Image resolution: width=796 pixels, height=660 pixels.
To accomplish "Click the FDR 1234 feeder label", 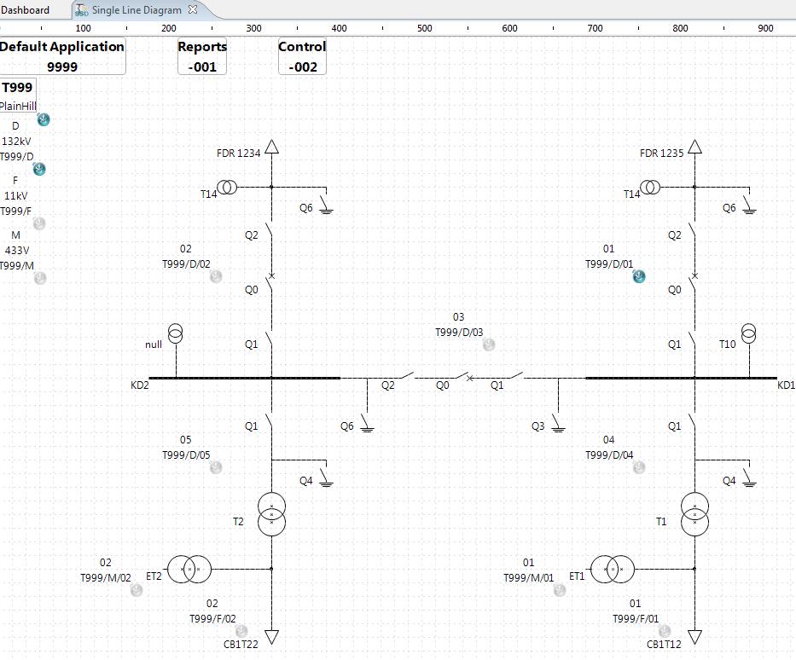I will (238, 153).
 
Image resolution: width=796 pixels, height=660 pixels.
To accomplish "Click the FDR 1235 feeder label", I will (661, 153).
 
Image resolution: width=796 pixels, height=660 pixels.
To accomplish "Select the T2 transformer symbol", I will (272, 513).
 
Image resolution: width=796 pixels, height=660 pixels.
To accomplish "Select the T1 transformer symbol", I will (695, 513).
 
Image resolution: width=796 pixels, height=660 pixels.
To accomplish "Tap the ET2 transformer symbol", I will (189, 569).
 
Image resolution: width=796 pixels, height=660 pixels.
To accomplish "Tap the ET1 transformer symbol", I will (613, 569).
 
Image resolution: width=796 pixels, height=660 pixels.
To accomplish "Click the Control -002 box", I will (302, 56).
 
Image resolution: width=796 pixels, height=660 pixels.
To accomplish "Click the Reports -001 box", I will (202, 56).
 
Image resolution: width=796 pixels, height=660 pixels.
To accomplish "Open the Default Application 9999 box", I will (61, 56).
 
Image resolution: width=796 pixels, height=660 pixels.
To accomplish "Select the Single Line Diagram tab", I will (137, 10).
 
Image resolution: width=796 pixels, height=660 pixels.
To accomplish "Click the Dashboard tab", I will (25, 10).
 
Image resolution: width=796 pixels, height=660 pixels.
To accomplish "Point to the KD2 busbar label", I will (140, 385).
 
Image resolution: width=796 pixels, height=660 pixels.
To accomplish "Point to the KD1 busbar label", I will (786, 385).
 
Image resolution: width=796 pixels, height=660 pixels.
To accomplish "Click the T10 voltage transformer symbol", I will (748, 333).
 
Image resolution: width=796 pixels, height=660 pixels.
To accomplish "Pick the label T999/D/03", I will (459, 333).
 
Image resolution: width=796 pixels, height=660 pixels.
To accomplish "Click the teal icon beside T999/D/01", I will (639, 276).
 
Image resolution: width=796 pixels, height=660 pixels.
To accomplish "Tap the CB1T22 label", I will (241, 645).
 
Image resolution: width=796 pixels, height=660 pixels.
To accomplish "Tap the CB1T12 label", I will (664, 645).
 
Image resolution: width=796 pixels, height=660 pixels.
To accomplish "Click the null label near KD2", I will (154, 344).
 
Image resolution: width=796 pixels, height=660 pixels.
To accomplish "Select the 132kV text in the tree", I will (16, 142).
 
